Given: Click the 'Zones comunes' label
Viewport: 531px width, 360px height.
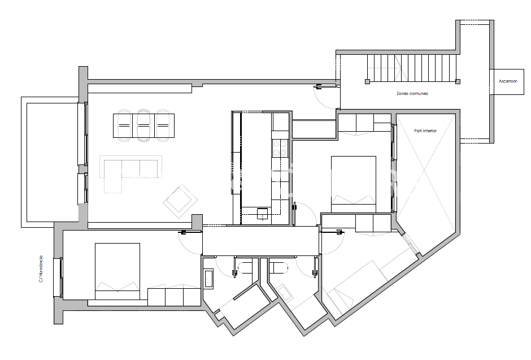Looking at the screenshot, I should click(x=412, y=93).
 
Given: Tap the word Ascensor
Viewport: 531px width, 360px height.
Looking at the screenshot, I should click(x=508, y=81).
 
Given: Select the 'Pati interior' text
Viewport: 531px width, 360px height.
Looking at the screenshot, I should click(x=425, y=131).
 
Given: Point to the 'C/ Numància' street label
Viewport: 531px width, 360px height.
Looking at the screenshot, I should click(x=41, y=269).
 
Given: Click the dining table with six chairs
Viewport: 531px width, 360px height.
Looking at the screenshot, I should click(x=143, y=125).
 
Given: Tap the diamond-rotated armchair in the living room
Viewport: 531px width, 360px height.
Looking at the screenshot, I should click(x=180, y=199).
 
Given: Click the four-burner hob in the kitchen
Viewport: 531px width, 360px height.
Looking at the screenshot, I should click(x=280, y=148).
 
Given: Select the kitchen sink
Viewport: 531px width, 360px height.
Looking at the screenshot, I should click(x=263, y=213).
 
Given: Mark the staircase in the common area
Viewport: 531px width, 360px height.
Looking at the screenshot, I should click(x=411, y=67).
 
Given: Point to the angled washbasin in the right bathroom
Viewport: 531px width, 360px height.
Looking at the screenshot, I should click(x=286, y=292).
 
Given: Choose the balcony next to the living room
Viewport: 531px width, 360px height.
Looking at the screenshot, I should click(x=49, y=160).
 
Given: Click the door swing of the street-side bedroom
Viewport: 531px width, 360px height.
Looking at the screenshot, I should click(x=190, y=244).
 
